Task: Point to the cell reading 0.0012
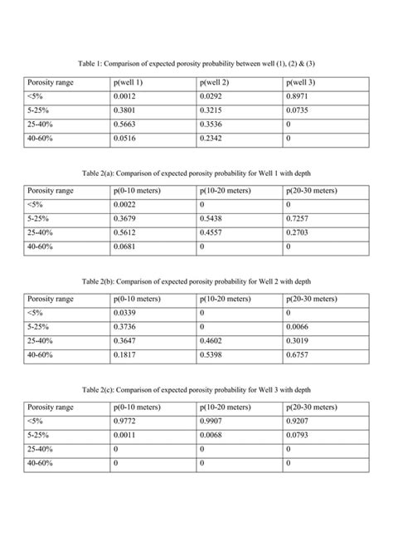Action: (126, 98)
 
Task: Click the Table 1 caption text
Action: (196, 63)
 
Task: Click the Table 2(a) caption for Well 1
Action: (196, 174)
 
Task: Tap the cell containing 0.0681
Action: (126, 247)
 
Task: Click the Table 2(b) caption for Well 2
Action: (196, 282)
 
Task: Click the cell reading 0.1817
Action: (126, 355)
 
